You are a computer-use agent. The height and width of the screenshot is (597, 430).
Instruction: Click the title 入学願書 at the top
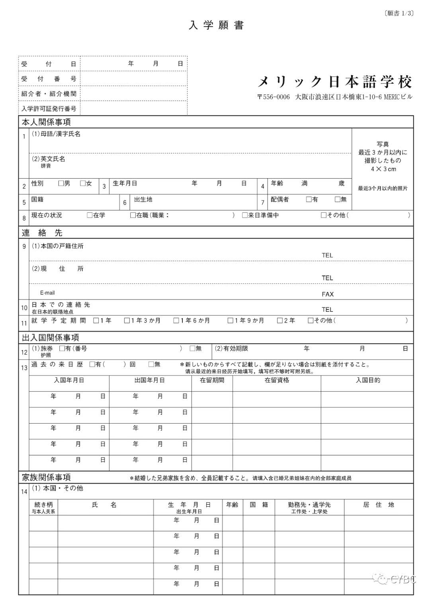click(x=216, y=25)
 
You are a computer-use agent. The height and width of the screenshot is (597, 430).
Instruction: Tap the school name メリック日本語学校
click(x=335, y=82)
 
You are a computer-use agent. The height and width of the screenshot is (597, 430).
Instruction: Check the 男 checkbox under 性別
click(x=61, y=183)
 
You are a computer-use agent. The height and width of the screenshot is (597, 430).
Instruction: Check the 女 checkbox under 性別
click(x=83, y=183)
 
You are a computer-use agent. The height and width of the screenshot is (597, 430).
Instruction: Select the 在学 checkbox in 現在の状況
click(x=90, y=215)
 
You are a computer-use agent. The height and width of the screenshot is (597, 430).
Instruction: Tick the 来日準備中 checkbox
click(x=245, y=215)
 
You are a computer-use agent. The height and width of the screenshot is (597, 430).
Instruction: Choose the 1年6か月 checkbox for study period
click(x=176, y=321)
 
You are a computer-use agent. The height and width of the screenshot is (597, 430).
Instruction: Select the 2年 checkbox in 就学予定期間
click(x=280, y=321)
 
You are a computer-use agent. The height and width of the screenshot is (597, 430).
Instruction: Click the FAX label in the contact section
click(x=328, y=294)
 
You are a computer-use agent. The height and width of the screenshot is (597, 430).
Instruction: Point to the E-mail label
click(x=47, y=293)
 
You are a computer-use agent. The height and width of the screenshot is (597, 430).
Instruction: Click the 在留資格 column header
click(x=277, y=380)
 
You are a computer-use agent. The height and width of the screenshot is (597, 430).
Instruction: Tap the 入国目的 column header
click(x=367, y=380)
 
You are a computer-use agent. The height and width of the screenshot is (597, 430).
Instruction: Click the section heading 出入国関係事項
click(x=51, y=338)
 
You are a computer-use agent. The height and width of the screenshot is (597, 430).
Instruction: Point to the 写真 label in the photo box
click(x=383, y=144)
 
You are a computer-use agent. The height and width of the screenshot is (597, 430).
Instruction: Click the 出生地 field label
click(x=143, y=200)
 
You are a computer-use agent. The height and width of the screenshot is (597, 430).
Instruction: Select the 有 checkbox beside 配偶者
click(x=309, y=200)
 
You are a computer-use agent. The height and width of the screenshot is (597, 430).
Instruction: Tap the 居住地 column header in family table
click(x=378, y=505)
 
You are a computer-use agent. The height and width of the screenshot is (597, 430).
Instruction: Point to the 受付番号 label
click(x=49, y=79)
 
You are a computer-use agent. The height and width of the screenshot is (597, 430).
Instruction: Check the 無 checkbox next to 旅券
click(x=192, y=348)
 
